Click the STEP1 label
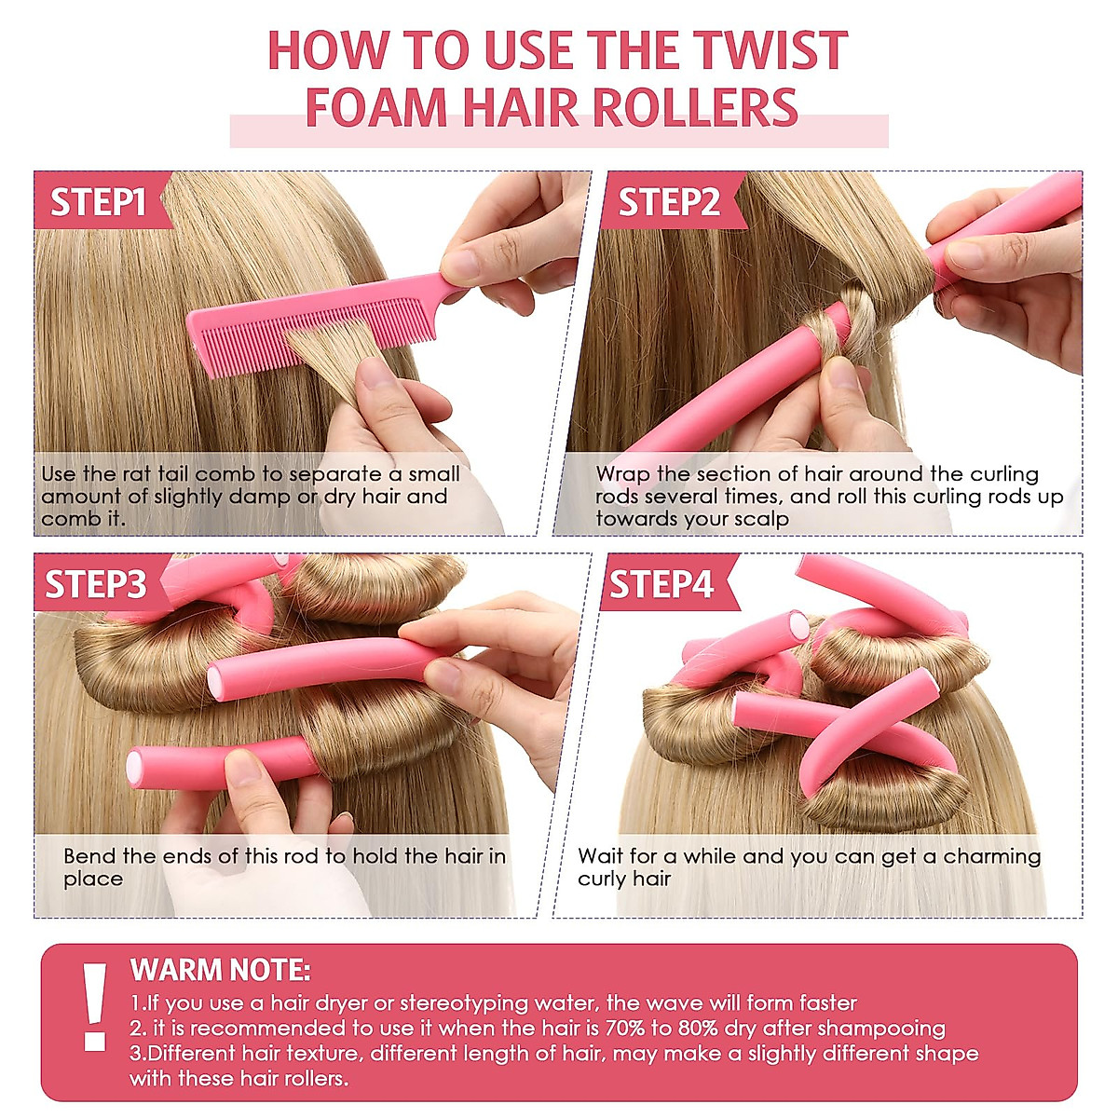coord(98,202)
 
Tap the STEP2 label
coord(669,202)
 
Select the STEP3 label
coord(96,584)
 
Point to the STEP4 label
coord(661,584)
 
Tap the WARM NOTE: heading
coord(220,970)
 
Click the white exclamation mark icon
coord(94,1006)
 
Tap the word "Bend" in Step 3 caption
coord(89,856)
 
